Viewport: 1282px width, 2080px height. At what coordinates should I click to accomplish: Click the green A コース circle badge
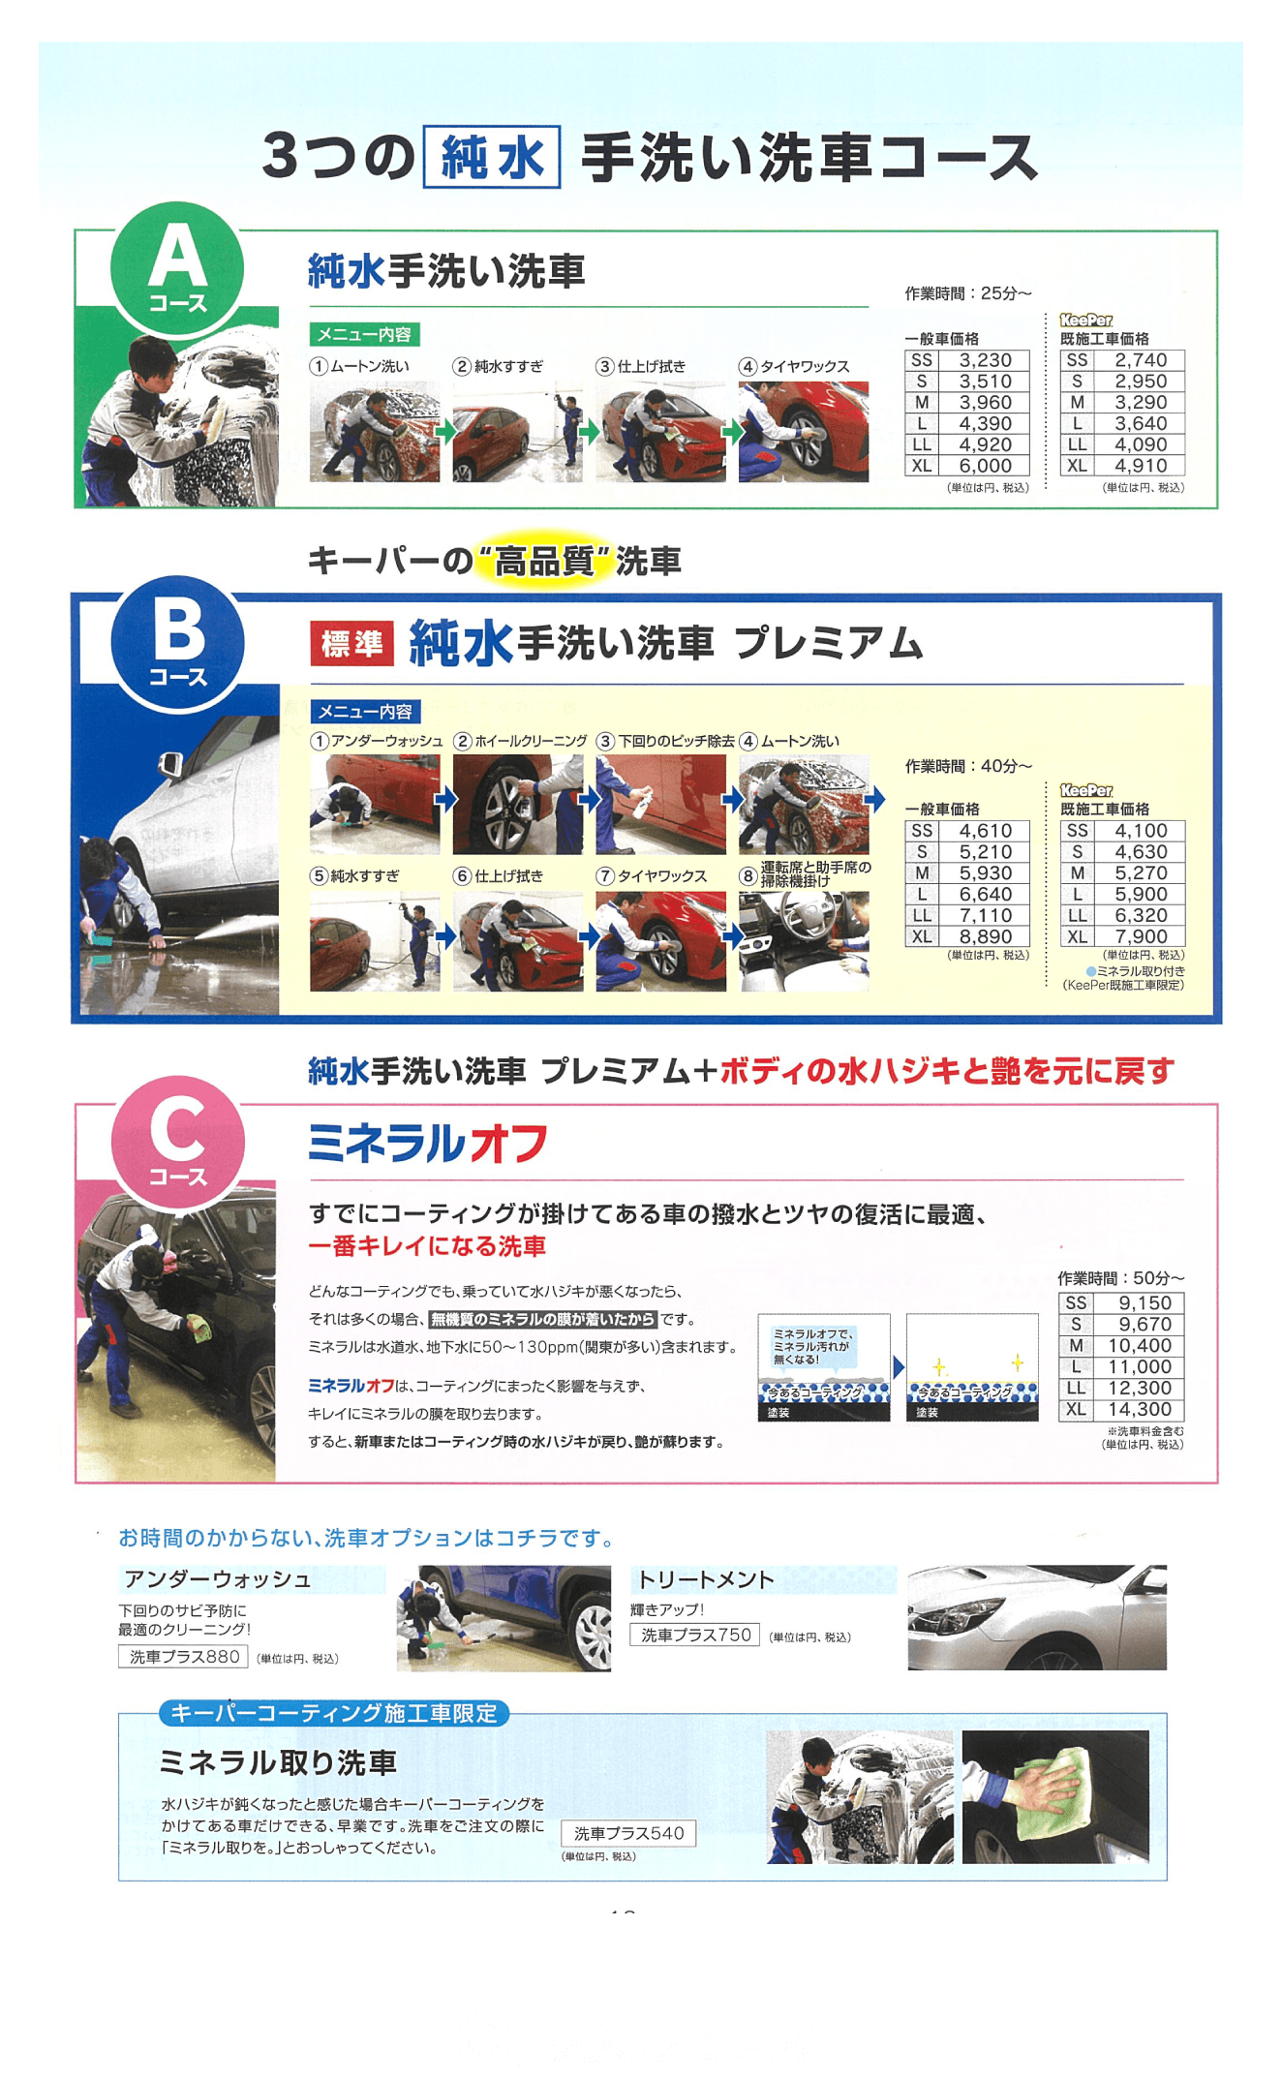click(x=177, y=268)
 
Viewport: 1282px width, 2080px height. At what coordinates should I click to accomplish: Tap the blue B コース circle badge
click(x=177, y=642)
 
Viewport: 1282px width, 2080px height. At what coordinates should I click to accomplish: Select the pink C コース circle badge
click(x=177, y=1142)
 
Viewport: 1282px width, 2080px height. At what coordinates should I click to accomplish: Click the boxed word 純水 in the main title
click(x=492, y=157)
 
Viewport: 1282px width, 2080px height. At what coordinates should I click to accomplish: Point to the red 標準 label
click(x=351, y=643)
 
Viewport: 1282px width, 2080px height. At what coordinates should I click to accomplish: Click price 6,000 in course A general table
click(x=985, y=466)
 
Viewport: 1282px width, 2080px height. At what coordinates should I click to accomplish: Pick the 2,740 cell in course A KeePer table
click(x=1140, y=360)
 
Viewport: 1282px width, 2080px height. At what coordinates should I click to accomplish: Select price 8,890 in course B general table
click(x=985, y=936)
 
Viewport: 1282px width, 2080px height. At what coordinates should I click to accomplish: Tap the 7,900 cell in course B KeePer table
click(x=1140, y=936)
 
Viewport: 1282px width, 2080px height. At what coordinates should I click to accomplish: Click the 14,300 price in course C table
click(x=1139, y=1410)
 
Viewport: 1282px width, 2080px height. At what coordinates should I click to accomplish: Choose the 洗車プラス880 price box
click(x=184, y=1657)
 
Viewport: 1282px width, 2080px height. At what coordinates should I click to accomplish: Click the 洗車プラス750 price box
click(x=695, y=1635)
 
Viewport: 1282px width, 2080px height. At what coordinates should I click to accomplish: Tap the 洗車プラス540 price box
click(x=628, y=1833)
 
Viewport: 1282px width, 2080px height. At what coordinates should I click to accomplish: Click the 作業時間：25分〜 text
click(x=967, y=293)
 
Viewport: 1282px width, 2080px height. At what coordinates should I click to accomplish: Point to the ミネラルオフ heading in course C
click(x=427, y=1144)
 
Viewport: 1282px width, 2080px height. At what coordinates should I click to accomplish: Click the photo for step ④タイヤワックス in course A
click(x=803, y=432)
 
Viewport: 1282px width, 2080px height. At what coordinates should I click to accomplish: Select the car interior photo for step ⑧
click(x=803, y=941)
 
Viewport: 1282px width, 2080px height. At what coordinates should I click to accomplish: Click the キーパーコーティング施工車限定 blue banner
click(x=334, y=1713)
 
